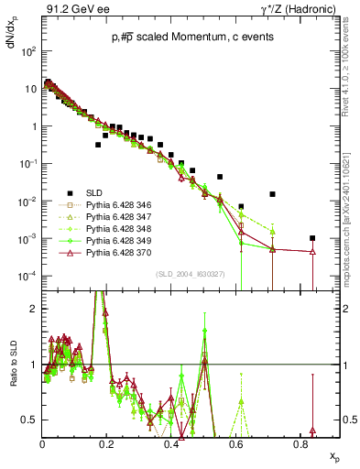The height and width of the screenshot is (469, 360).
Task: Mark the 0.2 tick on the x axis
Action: [x=107, y=445]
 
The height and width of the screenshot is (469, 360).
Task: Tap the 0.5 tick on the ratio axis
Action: [x=33, y=420]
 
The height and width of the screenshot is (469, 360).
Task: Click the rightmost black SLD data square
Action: [x=312, y=238]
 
